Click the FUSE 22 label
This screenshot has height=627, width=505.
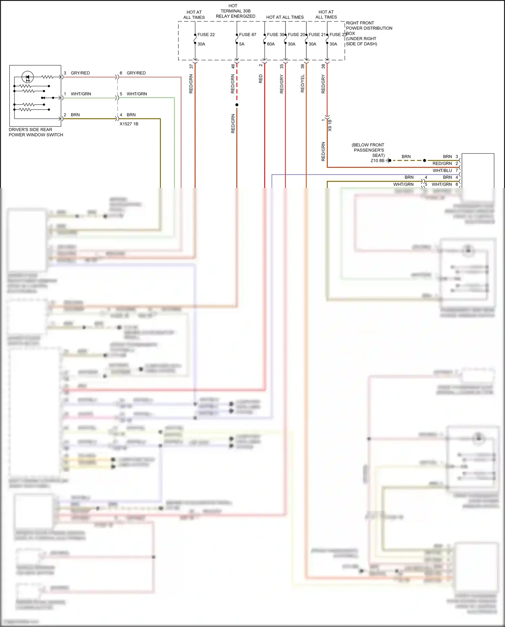pyautogui.click(x=206, y=35)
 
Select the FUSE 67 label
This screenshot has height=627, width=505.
pyautogui.click(x=247, y=35)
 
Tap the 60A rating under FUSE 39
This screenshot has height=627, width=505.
pyautogui.click(x=271, y=44)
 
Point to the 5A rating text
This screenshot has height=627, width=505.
pyautogui.click(x=242, y=44)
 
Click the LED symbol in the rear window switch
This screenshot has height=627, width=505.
pyautogui.click(x=28, y=77)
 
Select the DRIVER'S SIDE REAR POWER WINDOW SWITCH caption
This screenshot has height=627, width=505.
pyautogui.click(x=36, y=132)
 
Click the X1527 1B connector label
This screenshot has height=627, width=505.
pyautogui.click(x=129, y=124)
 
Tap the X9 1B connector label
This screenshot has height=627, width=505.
pyautogui.click(x=330, y=125)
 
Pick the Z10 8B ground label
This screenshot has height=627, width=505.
pyautogui.click(x=377, y=161)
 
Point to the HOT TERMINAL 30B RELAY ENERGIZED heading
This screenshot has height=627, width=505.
pyautogui.click(x=235, y=11)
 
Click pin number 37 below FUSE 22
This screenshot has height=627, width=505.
pyautogui.click(x=191, y=66)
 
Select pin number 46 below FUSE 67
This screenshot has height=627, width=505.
pyautogui.click(x=233, y=66)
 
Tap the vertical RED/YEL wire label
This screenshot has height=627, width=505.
pyautogui.click(x=302, y=84)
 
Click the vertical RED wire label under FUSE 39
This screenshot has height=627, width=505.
pyautogui.click(x=260, y=79)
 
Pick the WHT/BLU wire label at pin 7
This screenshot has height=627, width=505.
pyautogui.click(x=442, y=170)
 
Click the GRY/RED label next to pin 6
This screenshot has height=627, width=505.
pyautogui.click(x=136, y=73)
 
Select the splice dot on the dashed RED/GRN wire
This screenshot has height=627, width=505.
pyautogui.click(x=237, y=105)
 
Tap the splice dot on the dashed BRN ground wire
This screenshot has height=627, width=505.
pyautogui.click(x=425, y=160)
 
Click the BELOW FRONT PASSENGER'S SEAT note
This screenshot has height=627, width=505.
pyautogui.click(x=368, y=150)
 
